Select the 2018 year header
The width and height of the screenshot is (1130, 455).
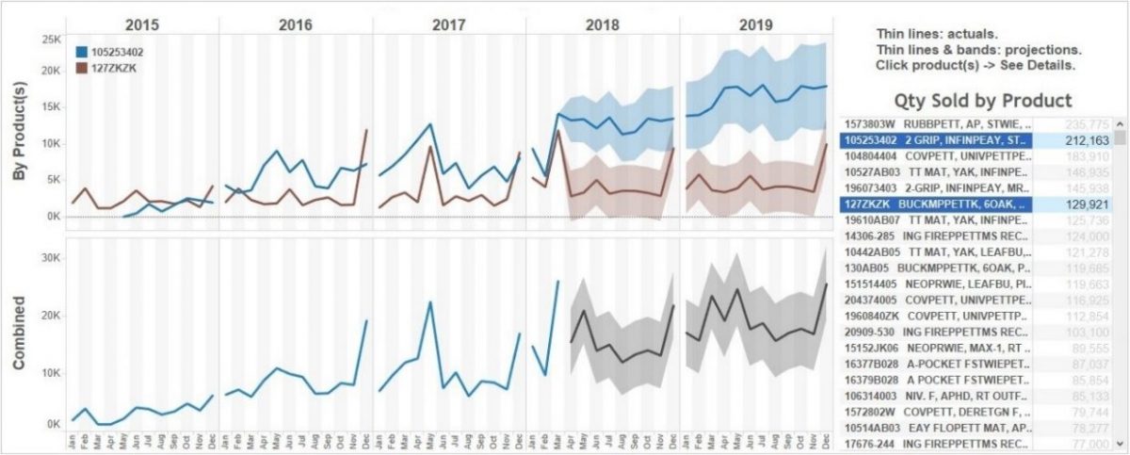tap(603, 24)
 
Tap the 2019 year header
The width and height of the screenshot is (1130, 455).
tap(756, 24)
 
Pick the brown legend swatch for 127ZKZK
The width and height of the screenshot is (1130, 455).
tap(84, 68)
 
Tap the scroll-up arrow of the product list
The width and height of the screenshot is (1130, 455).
tap(1120, 123)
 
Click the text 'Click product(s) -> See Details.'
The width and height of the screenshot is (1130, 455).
tap(975, 66)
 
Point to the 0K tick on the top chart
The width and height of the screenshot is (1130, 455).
tap(51, 217)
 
